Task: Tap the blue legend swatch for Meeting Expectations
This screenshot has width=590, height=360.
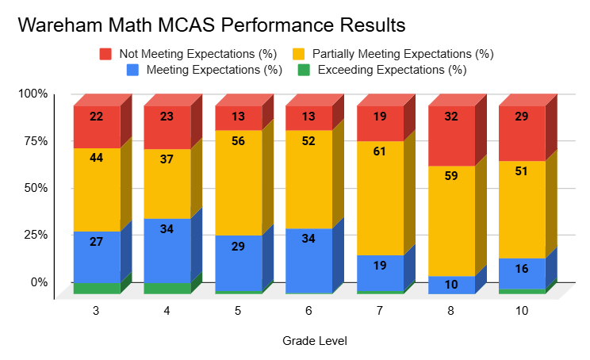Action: [132, 70]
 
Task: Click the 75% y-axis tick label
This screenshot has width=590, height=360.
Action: [35, 141]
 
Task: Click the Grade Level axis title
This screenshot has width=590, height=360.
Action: [314, 341]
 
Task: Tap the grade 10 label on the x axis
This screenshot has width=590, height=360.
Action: [523, 312]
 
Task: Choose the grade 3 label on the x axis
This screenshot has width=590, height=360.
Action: [97, 312]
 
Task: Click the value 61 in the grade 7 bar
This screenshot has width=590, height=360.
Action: [380, 151]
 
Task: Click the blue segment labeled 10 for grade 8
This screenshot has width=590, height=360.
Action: [451, 285]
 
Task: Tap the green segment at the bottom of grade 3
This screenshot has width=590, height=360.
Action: [97, 289]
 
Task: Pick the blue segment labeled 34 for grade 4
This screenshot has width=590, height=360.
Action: [167, 251]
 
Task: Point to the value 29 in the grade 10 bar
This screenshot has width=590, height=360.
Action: [523, 117]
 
